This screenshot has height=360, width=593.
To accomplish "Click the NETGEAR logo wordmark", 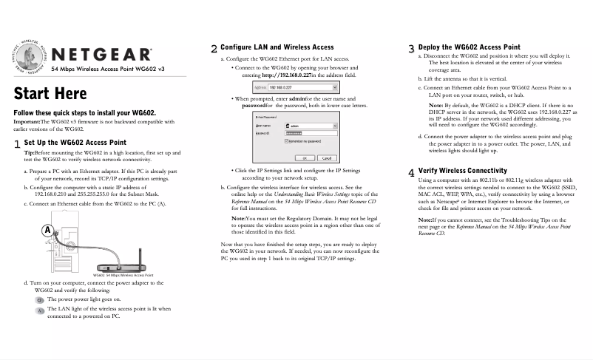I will [102, 55].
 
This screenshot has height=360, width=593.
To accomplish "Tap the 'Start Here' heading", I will [50, 94].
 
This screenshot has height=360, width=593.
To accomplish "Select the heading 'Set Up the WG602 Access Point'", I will [75, 142].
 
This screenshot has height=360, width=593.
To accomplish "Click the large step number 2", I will [214, 50].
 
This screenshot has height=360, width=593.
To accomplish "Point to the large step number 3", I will [411, 50].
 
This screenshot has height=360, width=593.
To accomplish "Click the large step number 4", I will [411, 173].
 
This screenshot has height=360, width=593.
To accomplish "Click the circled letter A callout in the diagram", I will [47, 231].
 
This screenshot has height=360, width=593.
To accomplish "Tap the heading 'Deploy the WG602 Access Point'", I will [469, 47].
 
